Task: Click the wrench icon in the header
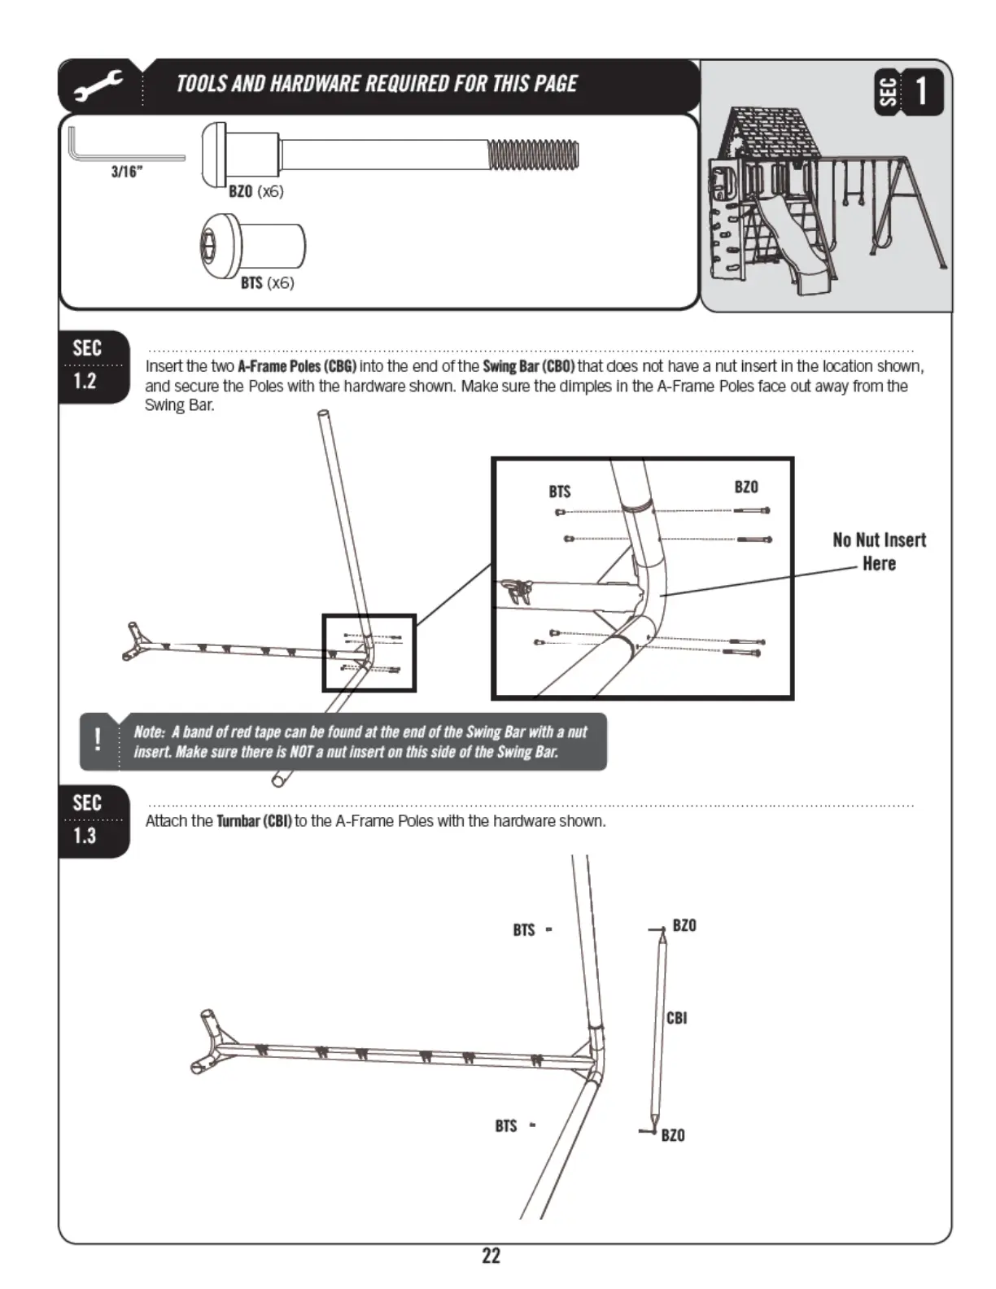coord(98,85)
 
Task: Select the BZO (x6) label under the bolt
coord(256,191)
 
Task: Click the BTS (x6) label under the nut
coord(267,283)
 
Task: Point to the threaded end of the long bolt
coord(533,155)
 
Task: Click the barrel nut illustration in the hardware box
coord(252,244)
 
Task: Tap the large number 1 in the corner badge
coord(921,91)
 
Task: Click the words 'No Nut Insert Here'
coord(879,552)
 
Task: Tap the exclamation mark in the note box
coord(98,740)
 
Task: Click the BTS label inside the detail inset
coord(560,492)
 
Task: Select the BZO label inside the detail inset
coord(746,487)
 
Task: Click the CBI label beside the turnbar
coord(676,1018)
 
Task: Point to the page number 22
coord(491,1256)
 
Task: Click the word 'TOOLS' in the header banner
coord(201,84)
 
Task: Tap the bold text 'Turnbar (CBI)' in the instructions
coord(254,821)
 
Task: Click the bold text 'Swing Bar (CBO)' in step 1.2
coord(528,366)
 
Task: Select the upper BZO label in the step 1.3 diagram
coord(684,926)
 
